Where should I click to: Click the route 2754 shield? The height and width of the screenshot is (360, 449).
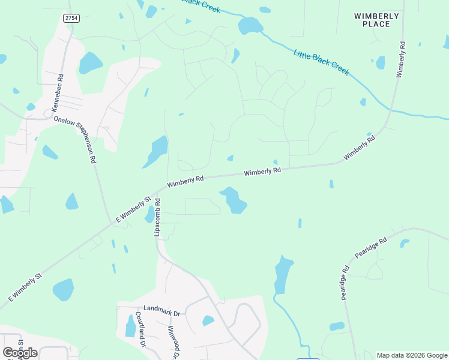pyautogui.click(x=71, y=18)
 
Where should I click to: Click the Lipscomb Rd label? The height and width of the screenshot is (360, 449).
pyautogui.click(x=157, y=217)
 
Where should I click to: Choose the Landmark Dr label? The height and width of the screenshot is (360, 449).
pyautogui.click(x=161, y=314)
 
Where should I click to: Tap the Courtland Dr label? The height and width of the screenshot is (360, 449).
pyautogui.click(x=140, y=329)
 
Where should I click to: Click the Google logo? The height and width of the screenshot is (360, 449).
pyautogui.click(x=20, y=352)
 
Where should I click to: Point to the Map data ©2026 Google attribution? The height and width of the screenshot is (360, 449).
pyautogui.click(x=412, y=355)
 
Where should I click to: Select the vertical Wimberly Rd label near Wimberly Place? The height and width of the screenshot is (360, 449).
pyautogui.click(x=400, y=59)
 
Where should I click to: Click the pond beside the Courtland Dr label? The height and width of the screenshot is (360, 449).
pyautogui.click(x=130, y=326)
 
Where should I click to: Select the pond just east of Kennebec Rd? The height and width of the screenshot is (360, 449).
pyautogui.click(x=90, y=62)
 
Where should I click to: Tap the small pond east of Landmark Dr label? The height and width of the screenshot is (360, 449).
pyautogui.click(x=208, y=320)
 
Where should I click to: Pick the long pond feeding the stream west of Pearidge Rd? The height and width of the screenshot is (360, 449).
pyautogui.click(x=283, y=275)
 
